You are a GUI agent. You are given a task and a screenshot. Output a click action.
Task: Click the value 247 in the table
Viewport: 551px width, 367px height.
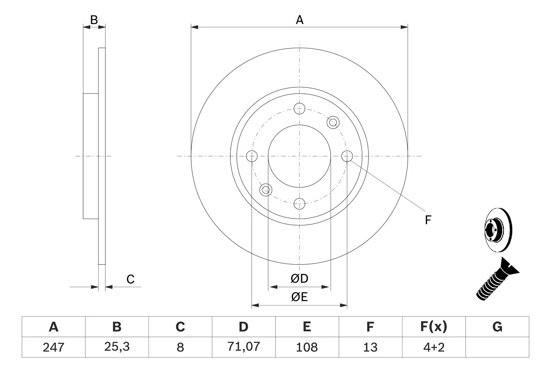(x=53, y=347)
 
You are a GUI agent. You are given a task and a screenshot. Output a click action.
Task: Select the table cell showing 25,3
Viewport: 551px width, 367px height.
(x=117, y=347)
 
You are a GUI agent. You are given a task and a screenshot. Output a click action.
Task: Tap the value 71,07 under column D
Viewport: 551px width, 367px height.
(x=243, y=347)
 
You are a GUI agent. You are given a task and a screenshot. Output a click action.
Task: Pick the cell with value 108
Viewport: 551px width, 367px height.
(x=306, y=347)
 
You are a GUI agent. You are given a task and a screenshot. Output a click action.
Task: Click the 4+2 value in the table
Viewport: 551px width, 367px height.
(x=433, y=347)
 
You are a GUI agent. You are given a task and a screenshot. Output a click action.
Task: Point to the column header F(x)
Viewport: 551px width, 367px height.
(x=433, y=327)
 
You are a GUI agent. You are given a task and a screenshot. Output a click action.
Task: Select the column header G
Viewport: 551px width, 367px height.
(x=497, y=327)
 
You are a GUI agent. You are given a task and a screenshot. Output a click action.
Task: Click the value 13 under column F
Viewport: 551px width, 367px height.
(x=370, y=347)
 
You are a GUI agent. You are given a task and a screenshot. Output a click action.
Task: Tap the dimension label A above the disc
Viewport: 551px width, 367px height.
(x=300, y=19)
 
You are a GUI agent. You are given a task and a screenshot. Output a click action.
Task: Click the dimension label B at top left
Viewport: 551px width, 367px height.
(x=94, y=19)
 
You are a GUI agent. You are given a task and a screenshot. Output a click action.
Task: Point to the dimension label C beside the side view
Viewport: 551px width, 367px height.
(x=130, y=279)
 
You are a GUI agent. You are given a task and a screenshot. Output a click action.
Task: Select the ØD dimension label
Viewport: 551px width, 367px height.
(x=300, y=279)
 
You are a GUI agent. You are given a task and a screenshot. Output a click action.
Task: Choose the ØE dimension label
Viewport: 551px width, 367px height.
(x=300, y=297)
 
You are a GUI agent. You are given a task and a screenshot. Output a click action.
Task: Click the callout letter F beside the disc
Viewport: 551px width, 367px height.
(x=427, y=220)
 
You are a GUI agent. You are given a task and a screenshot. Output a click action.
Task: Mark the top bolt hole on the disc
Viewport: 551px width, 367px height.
(x=299, y=108)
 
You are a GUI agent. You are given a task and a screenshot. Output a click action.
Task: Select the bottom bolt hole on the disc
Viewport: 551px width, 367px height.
(x=299, y=203)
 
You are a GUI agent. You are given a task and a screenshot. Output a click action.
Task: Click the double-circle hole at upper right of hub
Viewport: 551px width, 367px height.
(x=332, y=122)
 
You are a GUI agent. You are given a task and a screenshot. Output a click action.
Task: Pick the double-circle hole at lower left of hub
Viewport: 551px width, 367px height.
(x=266, y=189)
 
